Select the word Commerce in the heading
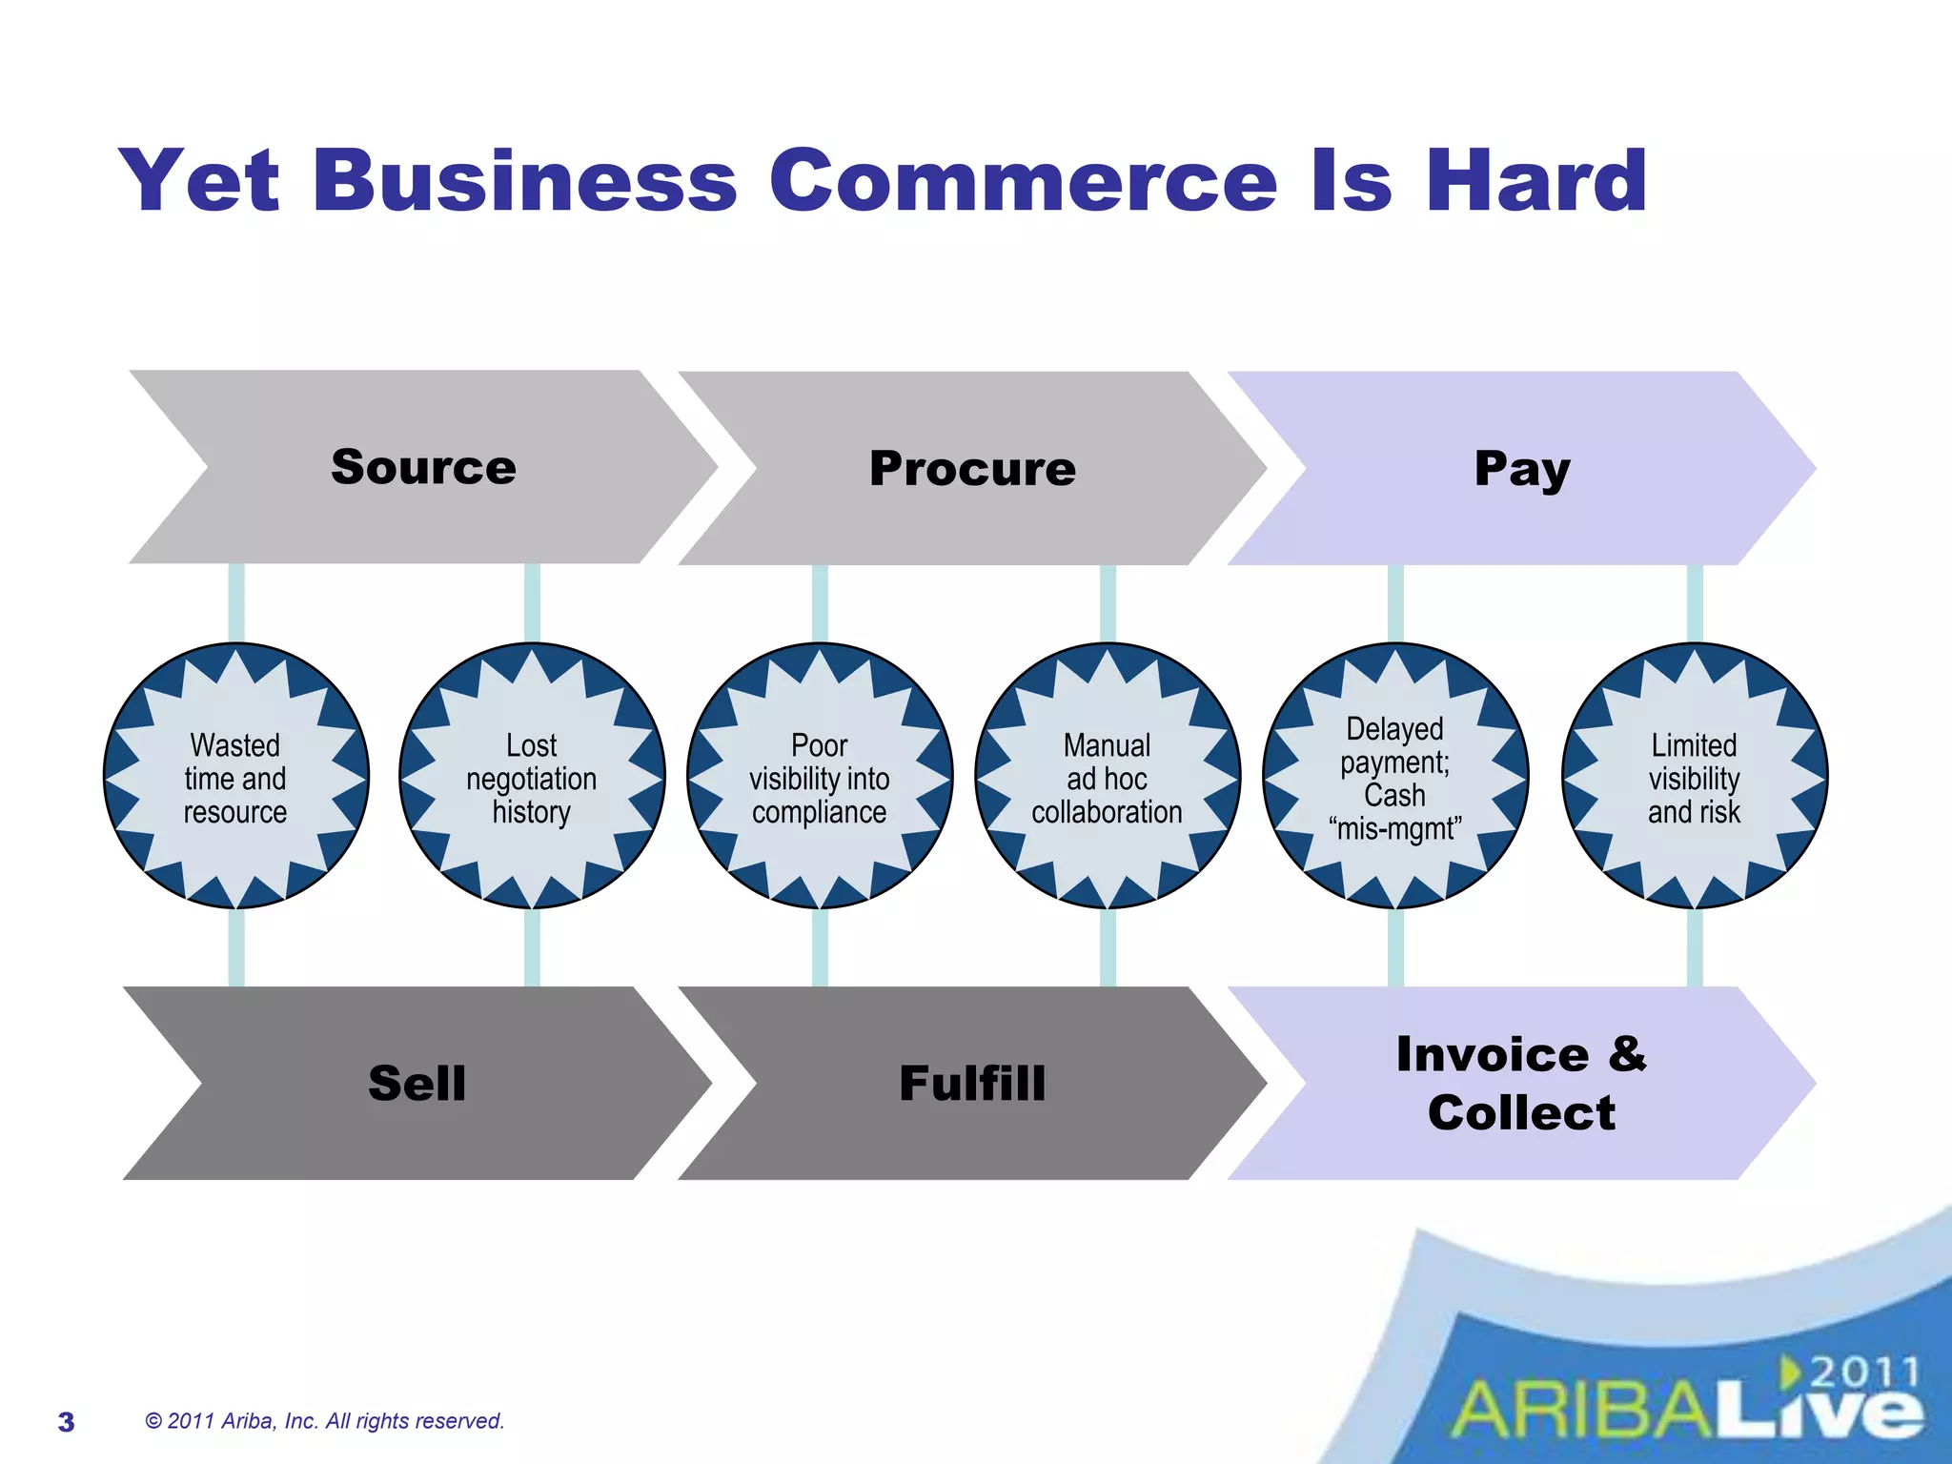tap(1023, 181)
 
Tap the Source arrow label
tap(423, 467)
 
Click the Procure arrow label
tap(972, 469)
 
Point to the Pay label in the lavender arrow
tap(1521, 469)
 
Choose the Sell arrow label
tap(417, 1084)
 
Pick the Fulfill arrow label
tap(972, 1084)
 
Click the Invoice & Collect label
tap(1521, 1084)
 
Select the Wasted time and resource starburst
tap(235, 777)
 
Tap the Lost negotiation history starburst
tap(532, 777)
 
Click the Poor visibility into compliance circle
tap(820, 777)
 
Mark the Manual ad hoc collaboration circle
tap(1108, 777)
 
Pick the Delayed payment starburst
tap(1395, 777)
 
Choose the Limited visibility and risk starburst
tap(1695, 777)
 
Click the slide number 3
tap(66, 1422)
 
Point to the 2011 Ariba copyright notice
tap(324, 1421)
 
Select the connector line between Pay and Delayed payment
tap(1395, 604)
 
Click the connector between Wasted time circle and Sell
tap(236, 947)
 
